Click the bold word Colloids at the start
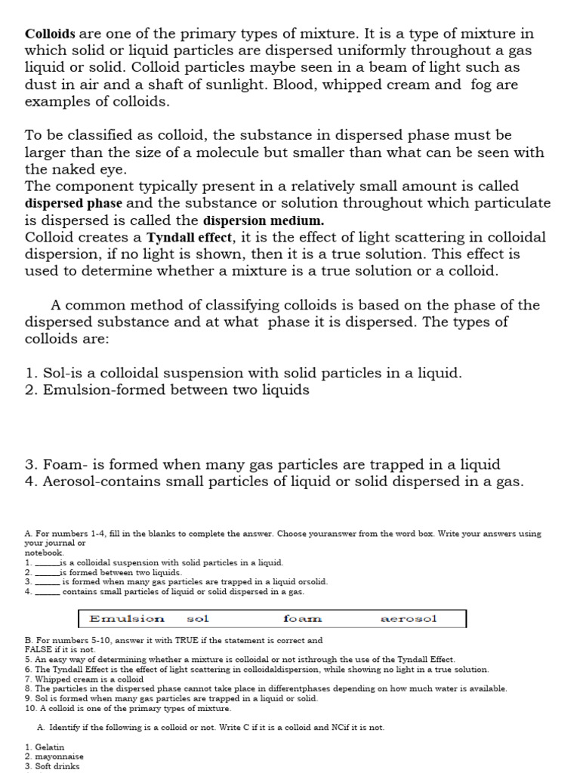tap(51, 34)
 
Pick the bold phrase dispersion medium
tap(264, 220)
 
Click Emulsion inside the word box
tap(127, 619)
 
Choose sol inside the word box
tap(197, 619)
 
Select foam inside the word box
tap(302, 619)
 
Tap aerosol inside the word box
tap(409, 619)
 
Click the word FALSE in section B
tap(39, 649)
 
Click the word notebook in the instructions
tap(44, 553)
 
